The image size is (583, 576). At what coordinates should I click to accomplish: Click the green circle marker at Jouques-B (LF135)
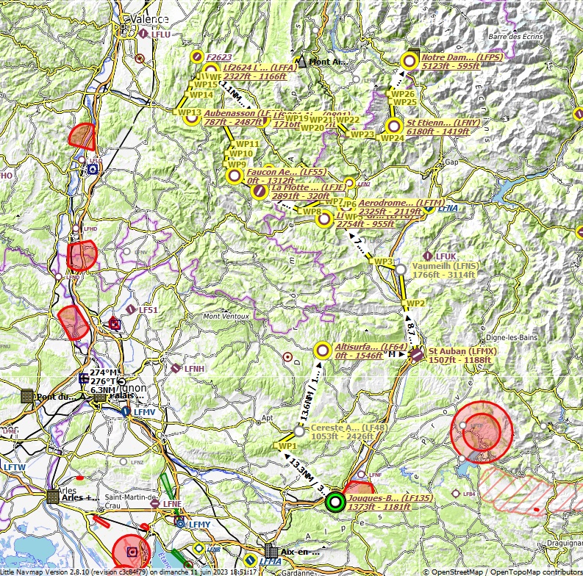point(335,502)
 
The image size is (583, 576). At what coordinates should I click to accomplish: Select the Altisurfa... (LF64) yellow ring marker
point(321,350)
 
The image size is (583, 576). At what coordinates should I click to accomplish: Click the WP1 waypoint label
point(286,446)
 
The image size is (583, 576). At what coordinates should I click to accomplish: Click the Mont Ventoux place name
point(226,317)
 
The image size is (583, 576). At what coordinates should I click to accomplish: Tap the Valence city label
point(149,20)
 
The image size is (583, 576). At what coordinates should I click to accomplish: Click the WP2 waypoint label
point(416,303)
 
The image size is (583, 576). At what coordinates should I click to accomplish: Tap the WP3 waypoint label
point(384,262)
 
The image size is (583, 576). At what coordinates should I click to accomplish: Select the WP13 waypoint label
point(189,112)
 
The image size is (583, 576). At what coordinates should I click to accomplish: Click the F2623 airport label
point(219,57)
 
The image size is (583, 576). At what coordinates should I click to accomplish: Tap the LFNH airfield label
point(194,368)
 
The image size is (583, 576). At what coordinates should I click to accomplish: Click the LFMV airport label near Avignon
point(144,413)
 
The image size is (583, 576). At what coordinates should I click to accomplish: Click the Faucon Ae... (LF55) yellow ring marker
point(235,176)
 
